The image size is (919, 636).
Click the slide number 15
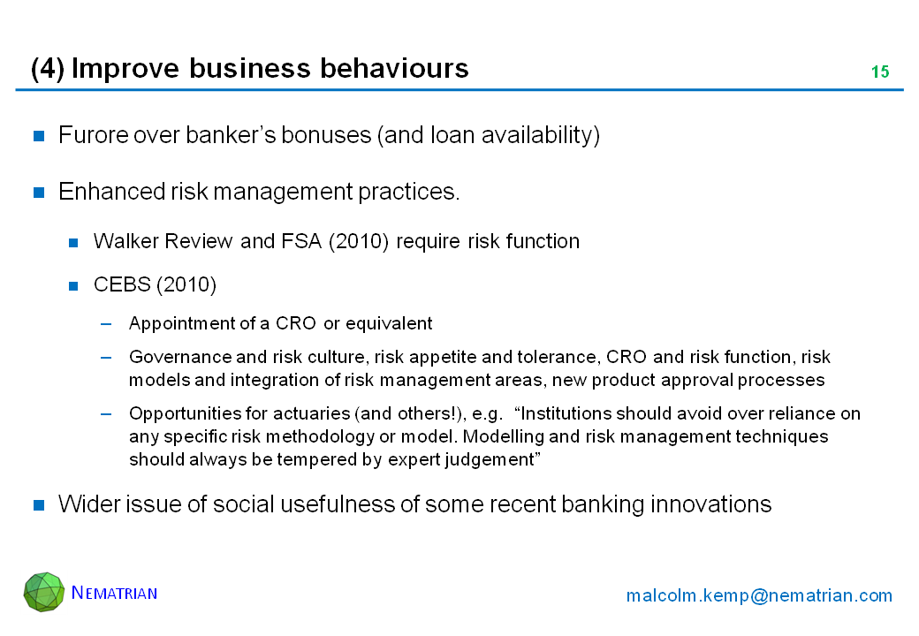[880, 72]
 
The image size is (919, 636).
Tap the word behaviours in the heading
[394, 68]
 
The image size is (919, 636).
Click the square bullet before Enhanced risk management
[39, 192]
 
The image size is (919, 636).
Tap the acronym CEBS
[121, 284]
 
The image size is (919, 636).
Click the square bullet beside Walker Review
[73, 242]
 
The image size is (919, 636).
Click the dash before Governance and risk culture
[106, 357]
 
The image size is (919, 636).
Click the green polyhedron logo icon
[44, 592]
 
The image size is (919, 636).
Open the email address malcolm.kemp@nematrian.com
[759, 595]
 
